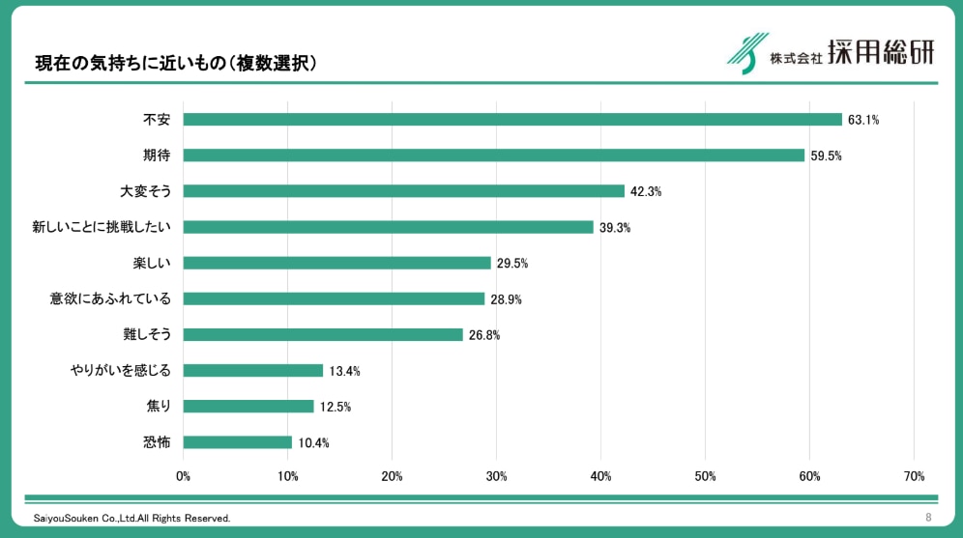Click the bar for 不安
click(512, 120)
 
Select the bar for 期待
click(493, 156)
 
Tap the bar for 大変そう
click(403, 191)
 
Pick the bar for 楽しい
click(336, 263)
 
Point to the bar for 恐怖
click(237, 442)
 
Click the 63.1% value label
click(863, 121)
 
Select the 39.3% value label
click(615, 228)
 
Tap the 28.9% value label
click(506, 299)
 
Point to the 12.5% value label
click(336, 407)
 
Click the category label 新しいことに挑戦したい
click(102, 227)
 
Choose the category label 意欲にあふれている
click(110, 298)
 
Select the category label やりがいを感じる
click(120, 370)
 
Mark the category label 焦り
click(157, 406)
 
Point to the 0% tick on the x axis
click(183, 476)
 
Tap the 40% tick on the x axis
click(600, 476)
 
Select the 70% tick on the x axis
click(914, 476)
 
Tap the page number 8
click(928, 518)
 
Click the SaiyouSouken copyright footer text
click(132, 519)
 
